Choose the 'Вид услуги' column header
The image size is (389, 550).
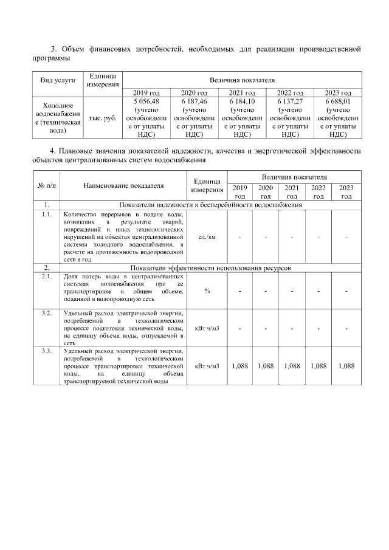[58, 80]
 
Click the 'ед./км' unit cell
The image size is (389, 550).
[207, 236]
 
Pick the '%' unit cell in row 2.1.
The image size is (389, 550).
[207, 291]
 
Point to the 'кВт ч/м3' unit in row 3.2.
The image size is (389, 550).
[207, 328]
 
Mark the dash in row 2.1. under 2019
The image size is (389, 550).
[241, 291]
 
